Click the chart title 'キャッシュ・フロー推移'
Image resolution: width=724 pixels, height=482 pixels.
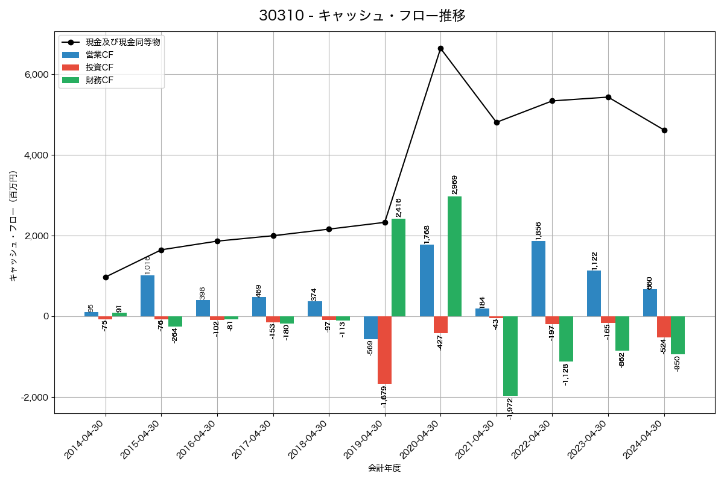click(x=362, y=16)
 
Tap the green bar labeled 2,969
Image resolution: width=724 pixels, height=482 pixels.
click(x=454, y=256)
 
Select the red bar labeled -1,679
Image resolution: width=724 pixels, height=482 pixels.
click(x=384, y=350)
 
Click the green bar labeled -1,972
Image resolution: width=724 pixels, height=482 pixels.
click(x=510, y=356)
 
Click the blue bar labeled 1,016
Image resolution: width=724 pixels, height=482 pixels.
click(x=147, y=296)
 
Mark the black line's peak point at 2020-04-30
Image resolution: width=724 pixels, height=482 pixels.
click(x=440, y=48)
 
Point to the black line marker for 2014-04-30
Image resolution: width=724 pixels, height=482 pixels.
click(x=106, y=277)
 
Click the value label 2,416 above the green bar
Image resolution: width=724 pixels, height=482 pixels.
click(x=398, y=208)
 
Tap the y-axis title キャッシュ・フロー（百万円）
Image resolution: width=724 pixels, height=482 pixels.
click(x=13, y=226)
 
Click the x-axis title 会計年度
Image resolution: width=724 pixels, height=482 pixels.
click(x=384, y=468)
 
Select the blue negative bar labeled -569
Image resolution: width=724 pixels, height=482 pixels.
click(x=370, y=328)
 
